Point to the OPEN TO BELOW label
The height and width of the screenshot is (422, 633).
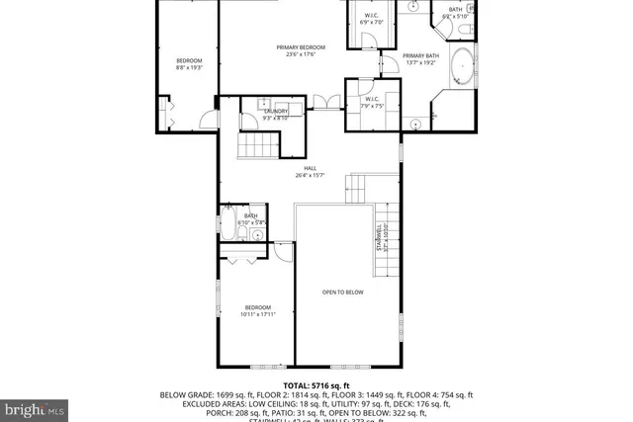343,293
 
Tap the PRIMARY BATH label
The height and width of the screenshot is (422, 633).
420,59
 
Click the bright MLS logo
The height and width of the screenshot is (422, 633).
36,406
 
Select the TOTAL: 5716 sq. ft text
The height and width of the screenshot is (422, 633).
316,384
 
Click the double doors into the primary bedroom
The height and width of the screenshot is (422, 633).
320,101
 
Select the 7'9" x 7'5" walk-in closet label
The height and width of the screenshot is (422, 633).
372,102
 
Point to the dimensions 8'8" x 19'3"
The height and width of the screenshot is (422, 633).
189,68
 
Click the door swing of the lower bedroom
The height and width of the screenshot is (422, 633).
284,252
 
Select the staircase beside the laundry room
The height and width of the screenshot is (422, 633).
256,146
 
